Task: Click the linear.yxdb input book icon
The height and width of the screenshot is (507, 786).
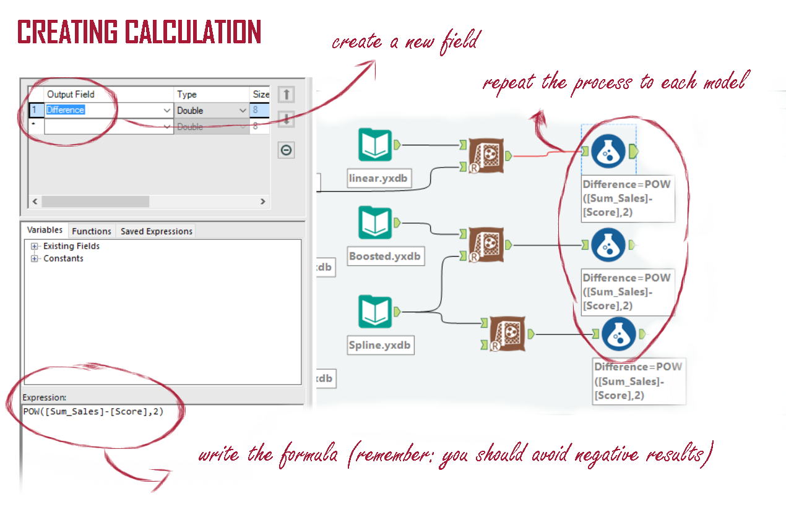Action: pyautogui.click(x=375, y=145)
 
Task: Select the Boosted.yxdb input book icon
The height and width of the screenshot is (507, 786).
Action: pyautogui.click(x=375, y=223)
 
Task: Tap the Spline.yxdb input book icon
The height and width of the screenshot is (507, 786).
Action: pyautogui.click(x=375, y=312)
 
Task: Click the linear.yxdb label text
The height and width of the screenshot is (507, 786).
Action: pyautogui.click(x=380, y=179)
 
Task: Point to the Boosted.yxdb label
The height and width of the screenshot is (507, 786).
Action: pyautogui.click(x=385, y=256)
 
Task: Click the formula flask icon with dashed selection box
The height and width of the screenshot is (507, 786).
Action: pyautogui.click(x=608, y=151)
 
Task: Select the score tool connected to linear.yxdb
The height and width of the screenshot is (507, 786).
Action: pyautogui.click(x=486, y=156)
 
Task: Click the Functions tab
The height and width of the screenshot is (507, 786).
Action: pyautogui.click(x=92, y=231)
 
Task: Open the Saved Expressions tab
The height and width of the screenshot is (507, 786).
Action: pyautogui.click(x=156, y=231)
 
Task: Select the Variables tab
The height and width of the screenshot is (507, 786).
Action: pyautogui.click(x=45, y=230)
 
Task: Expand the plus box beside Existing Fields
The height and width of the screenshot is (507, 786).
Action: pyautogui.click(x=35, y=246)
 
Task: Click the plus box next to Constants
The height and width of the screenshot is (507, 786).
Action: pyautogui.click(x=35, y=258)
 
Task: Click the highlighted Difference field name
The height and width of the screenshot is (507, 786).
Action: pyautogui.click(x=66, y=110)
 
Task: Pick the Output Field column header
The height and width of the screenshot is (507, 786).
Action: pyautogui.click(x=71, y=95)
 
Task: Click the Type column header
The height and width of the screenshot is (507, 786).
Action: pyautogui.click(x=187, y=95)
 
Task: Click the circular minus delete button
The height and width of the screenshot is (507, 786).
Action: pyautogui.click(x=286, y=150)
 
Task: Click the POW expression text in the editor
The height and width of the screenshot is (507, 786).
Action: pyautogui.click(x=93, y=412)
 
